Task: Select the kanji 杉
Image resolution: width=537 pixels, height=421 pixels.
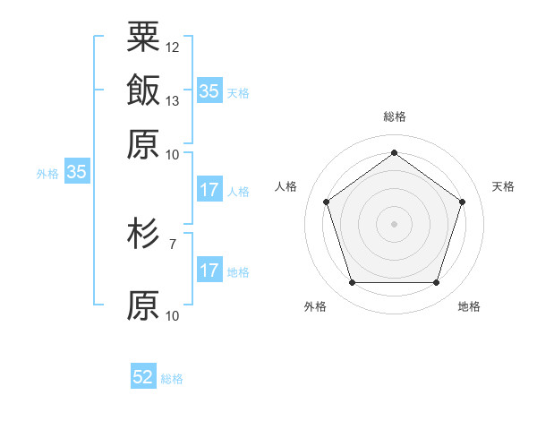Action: click(x=143, y=236)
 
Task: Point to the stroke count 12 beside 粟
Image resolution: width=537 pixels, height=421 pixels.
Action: click(x=173, y=47)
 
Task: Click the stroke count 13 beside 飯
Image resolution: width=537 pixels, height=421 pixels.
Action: click(x=173, y=100)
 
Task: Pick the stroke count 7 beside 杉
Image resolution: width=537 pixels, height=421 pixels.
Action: click(x=173, y=243)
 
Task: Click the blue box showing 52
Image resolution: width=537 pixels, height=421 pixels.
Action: click(x=143, y=378)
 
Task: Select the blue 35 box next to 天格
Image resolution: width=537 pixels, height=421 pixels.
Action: click(x=209, y=91)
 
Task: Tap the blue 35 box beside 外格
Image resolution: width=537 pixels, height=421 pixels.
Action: click(x=76, y=173)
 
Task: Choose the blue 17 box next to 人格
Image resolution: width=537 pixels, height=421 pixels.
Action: click(x=209, y=190)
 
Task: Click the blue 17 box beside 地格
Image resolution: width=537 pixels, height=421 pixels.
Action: click(x=209, y=271)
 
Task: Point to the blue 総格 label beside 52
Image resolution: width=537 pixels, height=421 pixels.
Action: click(x=172, y=379)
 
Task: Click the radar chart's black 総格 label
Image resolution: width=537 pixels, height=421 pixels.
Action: click(x=394, y=116)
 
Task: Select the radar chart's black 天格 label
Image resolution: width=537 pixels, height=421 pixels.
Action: click(x=504, y=186)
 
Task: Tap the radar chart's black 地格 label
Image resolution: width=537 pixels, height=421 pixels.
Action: click(x=469, y=307)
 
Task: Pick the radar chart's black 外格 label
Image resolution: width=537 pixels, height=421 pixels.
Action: click(x=315, y=307)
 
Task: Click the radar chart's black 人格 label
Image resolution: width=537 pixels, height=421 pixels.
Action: click(x=286, y=186)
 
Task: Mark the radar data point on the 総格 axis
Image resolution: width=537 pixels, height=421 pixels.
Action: click(x=394, y=152)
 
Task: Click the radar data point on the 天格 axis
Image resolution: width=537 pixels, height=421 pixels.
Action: click(x=462, y=202)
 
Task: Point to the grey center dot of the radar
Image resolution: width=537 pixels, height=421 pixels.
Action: click(x=394, y=224)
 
